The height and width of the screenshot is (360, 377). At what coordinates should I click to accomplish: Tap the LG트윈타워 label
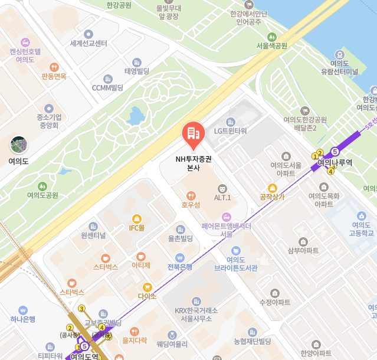click(x=230, y=131)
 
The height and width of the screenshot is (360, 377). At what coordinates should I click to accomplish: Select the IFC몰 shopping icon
click(x=137, y=218)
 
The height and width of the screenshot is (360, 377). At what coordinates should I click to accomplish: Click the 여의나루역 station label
click(x=335, y=162)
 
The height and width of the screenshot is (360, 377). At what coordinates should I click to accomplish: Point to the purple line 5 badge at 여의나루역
click(x=335, y=151)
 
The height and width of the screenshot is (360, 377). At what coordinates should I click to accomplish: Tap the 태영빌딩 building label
click(x=137, y=71)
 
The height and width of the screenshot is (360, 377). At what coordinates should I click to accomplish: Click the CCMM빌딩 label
click(x=107, y=87)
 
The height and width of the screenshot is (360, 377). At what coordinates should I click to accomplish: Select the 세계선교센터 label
click(x=88, y=43)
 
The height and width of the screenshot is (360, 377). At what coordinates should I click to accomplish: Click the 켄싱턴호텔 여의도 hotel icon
click(x=25, y=42)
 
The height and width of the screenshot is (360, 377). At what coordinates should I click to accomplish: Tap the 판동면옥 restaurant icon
click(x=54, y=67)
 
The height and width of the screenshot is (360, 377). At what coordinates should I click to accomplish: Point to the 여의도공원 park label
click(x=42, y=195)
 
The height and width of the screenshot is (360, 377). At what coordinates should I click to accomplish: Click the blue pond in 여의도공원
click(x=136, y=116)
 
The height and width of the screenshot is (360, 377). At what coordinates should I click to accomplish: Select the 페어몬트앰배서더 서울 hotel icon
click(x=226, y=217)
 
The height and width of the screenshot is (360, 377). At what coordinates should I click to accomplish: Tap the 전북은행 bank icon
click(x=180, y=257)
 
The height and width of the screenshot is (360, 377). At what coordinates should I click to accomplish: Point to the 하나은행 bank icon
click(x=23, y=310)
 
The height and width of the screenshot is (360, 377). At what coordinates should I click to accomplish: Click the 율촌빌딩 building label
click(x=181, y=238)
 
